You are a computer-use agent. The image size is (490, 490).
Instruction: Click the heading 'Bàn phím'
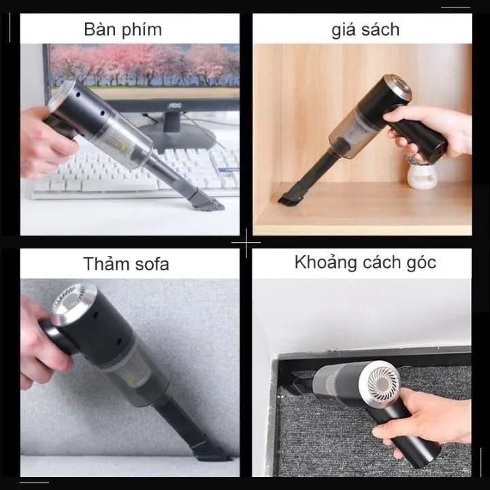coord(122,30)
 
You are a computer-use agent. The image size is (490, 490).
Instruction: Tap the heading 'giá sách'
coord(365,30)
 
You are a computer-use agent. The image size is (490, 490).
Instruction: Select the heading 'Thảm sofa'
coord(127,264)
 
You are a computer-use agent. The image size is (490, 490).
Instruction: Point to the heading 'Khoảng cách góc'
coord(365,262)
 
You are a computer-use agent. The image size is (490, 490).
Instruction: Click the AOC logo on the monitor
coord(175,105)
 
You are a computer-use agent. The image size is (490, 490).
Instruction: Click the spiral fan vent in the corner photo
coord(384,382)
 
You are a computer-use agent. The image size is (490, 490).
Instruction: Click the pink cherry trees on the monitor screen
coord(144,64)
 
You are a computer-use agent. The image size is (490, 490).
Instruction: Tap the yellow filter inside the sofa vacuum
coord(131,380)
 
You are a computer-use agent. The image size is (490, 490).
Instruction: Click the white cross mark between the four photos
coord(246,242)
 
